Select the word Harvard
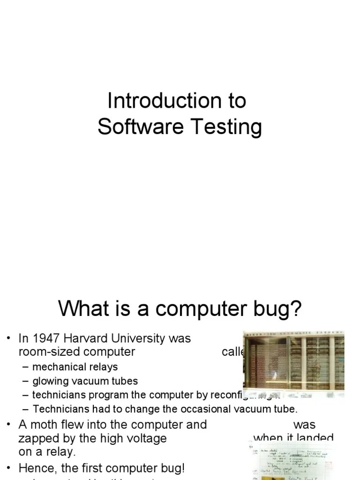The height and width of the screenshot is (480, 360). coord(88,338)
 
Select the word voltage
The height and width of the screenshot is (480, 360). coord(147,439)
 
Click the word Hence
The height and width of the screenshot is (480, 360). coord(34,468)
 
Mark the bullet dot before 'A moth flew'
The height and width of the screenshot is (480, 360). coord(8,425)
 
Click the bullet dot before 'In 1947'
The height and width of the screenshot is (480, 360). coord(8,338)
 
